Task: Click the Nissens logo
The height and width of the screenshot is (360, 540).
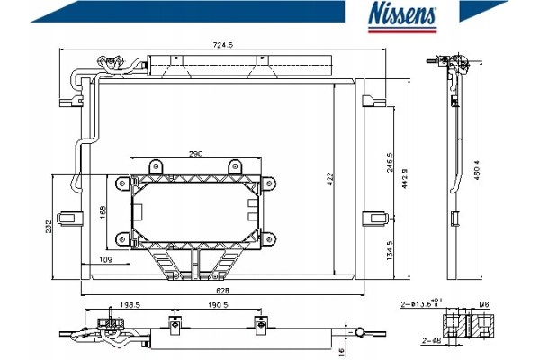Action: click(402, 18)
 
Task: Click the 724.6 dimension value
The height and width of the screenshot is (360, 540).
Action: click(223, 45)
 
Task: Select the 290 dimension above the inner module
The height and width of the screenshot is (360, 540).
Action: click(195, 154)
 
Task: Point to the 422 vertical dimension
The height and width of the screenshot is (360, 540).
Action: click(330, 179)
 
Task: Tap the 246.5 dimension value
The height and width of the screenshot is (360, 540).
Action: click(390, 163)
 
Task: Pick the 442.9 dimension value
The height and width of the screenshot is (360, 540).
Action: click(405, 178)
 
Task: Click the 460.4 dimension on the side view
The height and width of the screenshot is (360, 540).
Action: click(477, 170)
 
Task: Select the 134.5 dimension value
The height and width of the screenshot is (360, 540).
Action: click(390, 250)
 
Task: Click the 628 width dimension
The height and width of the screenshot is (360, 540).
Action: click(222, 291)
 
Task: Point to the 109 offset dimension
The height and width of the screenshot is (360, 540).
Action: click(105, 259)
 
